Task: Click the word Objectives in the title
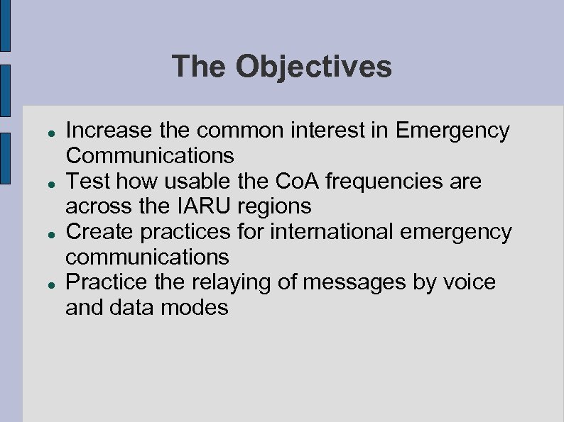tap(313, 67)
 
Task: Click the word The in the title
tap(198, 67)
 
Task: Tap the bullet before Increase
tap(43, 132)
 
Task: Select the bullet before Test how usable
tap(43, 183)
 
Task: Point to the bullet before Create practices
tap(43, 233)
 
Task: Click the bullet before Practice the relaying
tap(43, 284)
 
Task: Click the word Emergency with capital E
tap(452, 131)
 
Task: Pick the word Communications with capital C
tap(150, 155)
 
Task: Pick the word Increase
tap(109, 131)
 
